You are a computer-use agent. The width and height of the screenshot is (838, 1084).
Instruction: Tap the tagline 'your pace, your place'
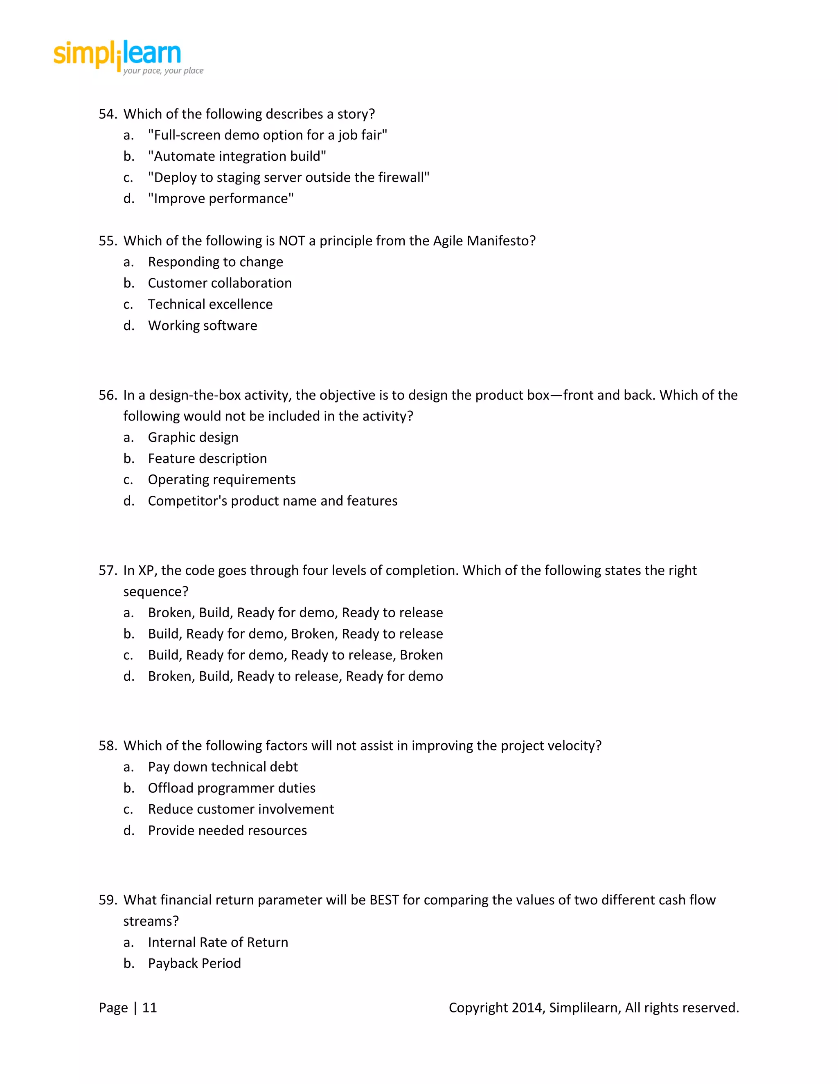click(x=163, y=70)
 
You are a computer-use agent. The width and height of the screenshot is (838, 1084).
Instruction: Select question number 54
click(x=107, y=114)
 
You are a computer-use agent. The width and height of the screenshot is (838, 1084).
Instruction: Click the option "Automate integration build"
click(x=237, y=156)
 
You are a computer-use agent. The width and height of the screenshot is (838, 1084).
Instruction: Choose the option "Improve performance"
click(x=221, y=198)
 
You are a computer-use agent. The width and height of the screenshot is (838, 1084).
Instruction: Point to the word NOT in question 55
click(x=291, y=241)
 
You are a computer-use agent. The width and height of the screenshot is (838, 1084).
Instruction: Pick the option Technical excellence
click(x=210, y=304)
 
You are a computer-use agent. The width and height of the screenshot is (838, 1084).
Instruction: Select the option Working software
click(x=203, y=326)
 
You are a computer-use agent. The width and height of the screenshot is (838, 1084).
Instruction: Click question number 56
click(x=107, y=395)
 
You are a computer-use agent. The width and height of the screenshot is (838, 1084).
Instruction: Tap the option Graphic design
click(x=193, y=437)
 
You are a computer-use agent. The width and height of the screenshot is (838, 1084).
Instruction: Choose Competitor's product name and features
click(x=273, y=501)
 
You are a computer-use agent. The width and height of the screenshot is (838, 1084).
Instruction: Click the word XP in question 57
click(x=146, y=570)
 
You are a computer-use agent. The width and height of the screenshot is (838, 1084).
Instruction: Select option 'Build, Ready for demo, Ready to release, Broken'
click(x=295, y=655)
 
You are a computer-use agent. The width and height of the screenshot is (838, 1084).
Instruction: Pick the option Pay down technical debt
click(x=223, y=767)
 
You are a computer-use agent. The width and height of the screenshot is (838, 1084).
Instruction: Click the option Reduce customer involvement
click(x=241, y=809)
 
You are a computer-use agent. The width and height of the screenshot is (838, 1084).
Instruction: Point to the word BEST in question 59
click(x=384, y=900)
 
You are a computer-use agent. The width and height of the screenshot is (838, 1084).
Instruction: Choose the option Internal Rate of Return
click(x=218, y=942)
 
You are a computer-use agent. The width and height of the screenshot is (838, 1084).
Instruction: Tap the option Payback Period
click(x=194, y=963)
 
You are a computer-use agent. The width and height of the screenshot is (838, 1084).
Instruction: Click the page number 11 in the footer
click(x=149, y=1008)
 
